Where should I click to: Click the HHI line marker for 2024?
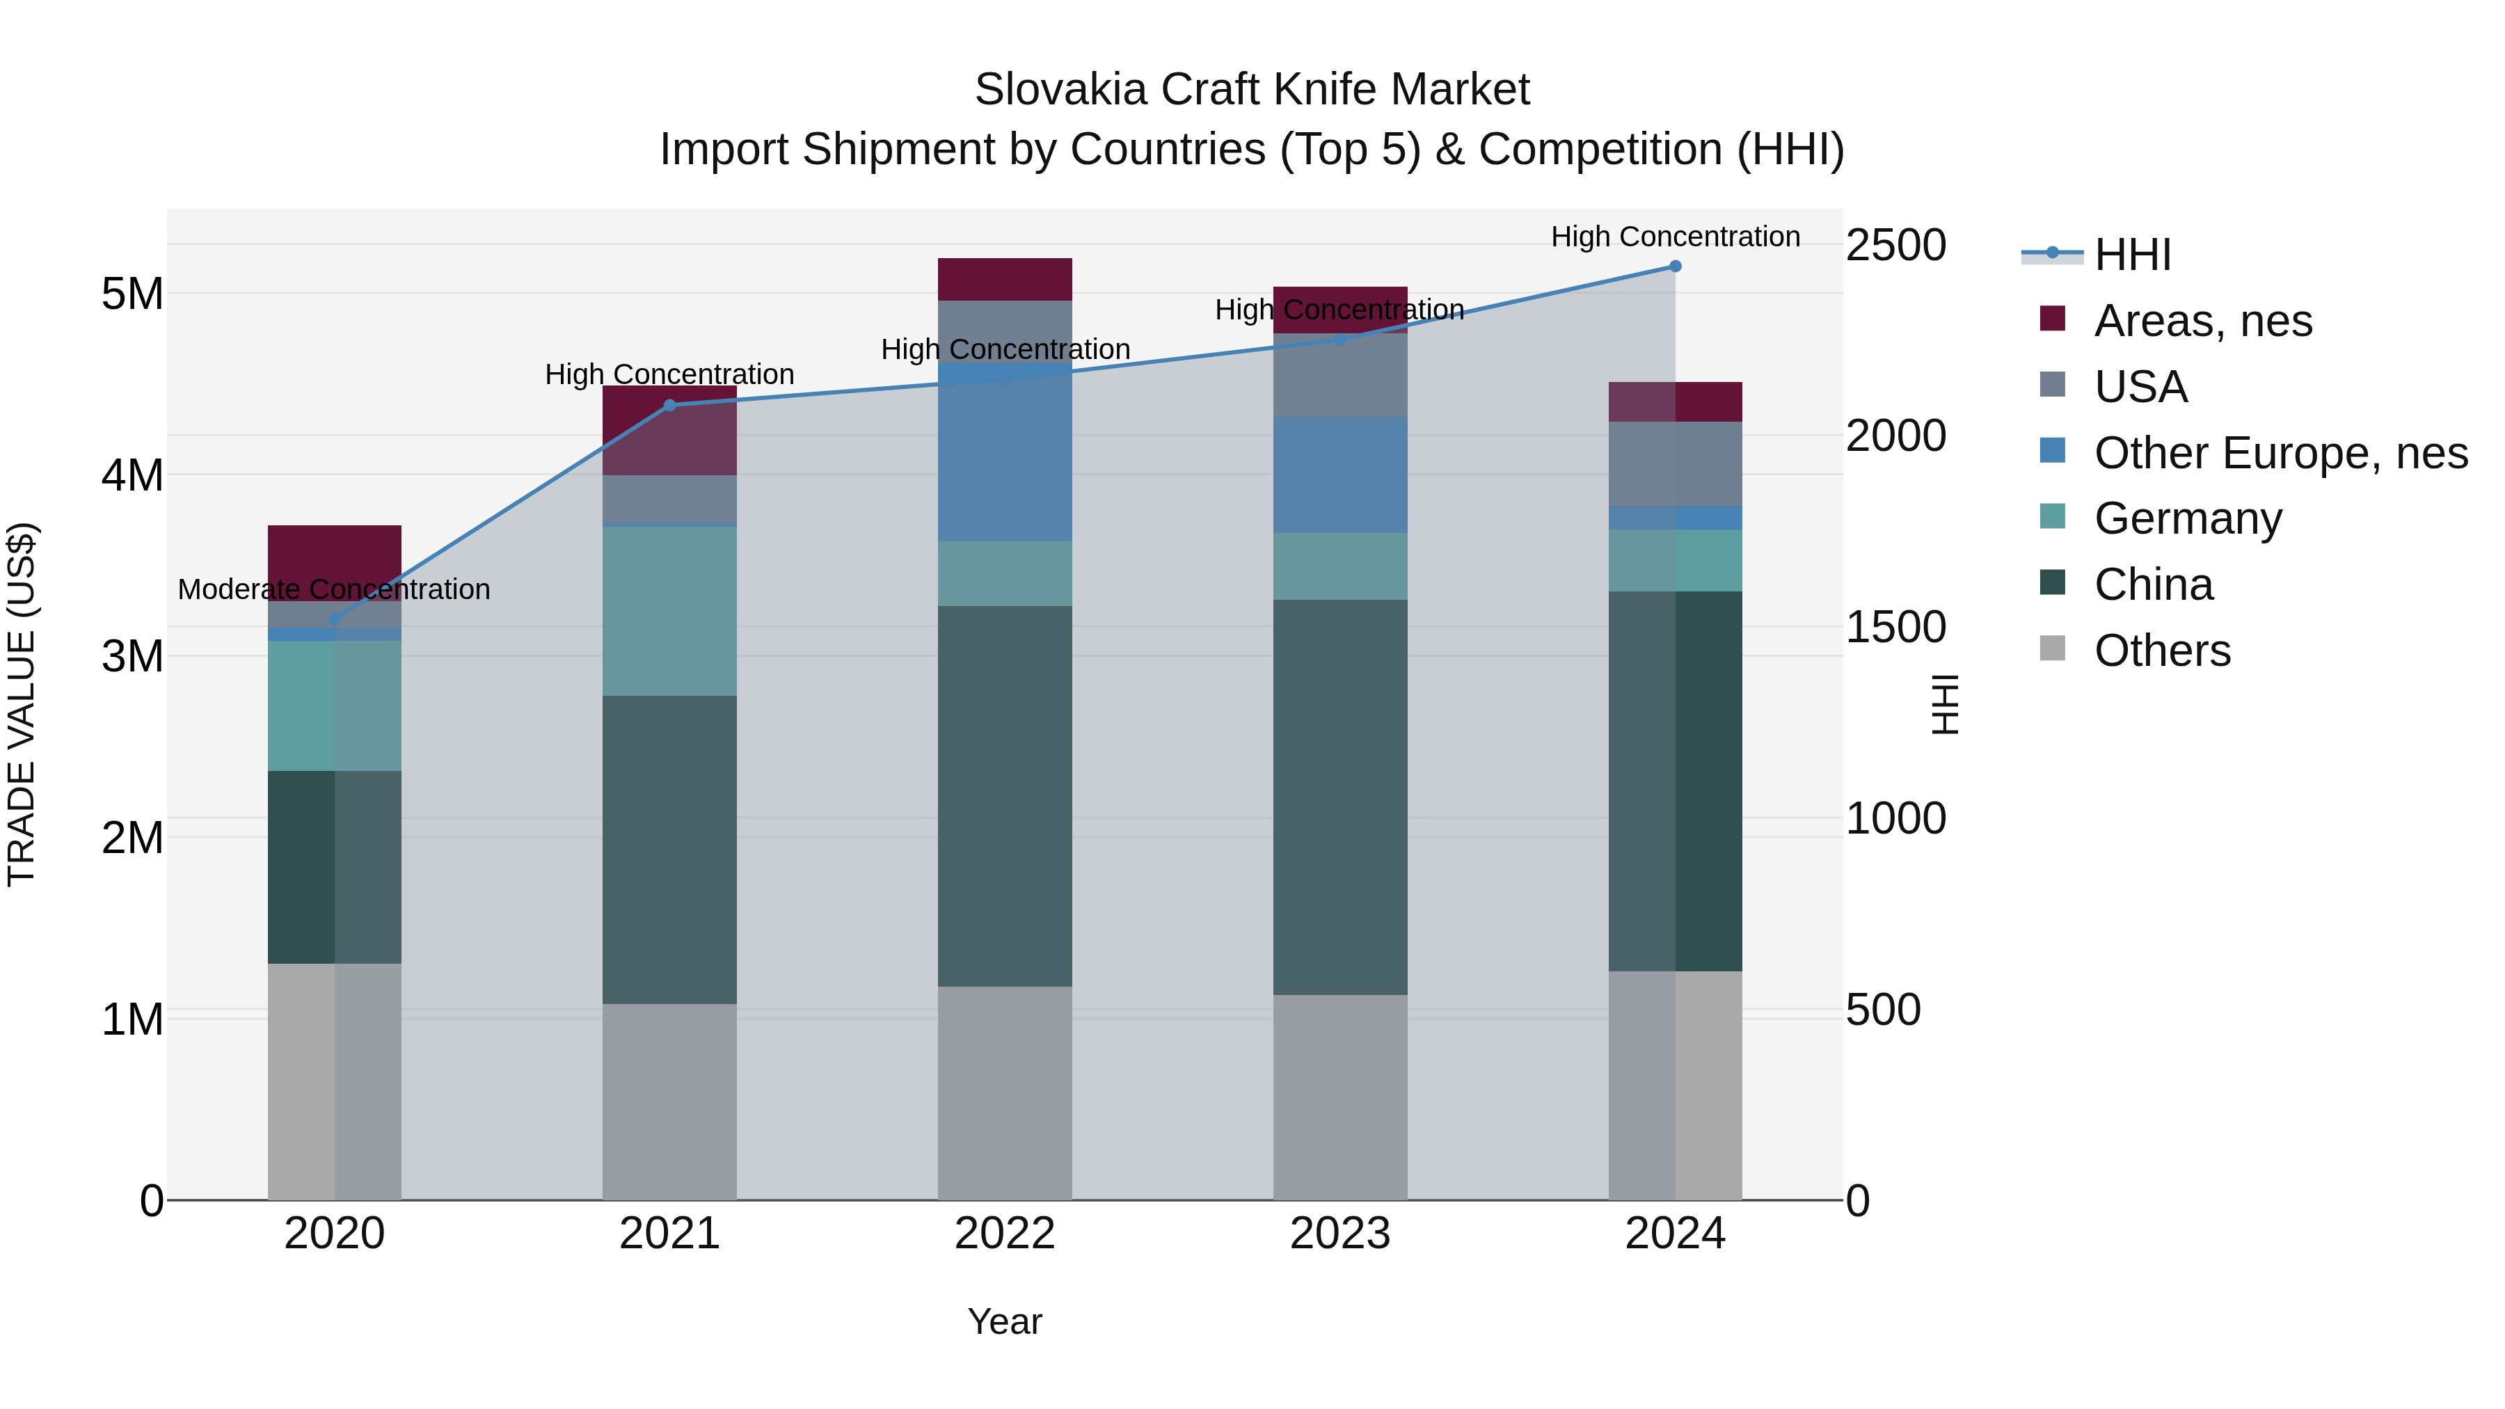coord(1675,266)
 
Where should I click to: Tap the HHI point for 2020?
coord(335,619)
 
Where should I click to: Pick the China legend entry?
coord(2153,584)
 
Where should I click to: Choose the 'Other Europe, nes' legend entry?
coord(2280,452)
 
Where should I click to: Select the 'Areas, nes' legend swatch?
coord(2052,319)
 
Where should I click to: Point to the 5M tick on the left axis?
coord(132,293)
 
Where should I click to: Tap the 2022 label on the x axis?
coord(1005,1234)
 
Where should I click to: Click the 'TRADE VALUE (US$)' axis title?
coord(22,704)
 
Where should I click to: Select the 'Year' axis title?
coord(1005,1321)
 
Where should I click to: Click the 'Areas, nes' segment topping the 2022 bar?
coord(1005,279)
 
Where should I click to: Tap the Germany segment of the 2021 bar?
coord(669,611)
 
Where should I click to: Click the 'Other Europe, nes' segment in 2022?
coord(1005,452)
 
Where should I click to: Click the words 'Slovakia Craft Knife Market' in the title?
coord(1252,90)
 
